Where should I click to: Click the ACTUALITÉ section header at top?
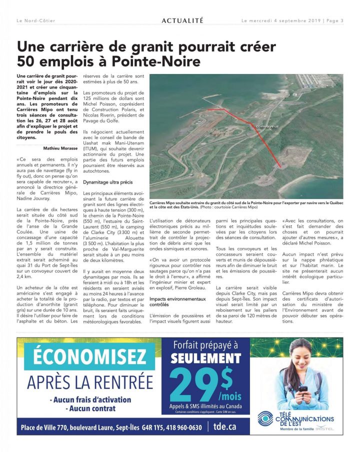tap(182, 20)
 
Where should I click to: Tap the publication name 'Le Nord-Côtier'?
tap(35, 20)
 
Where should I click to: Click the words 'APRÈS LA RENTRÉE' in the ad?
tap(90, 382)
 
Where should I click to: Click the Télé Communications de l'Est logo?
tap(295, 419)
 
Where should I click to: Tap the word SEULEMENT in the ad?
tap(205, 358)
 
